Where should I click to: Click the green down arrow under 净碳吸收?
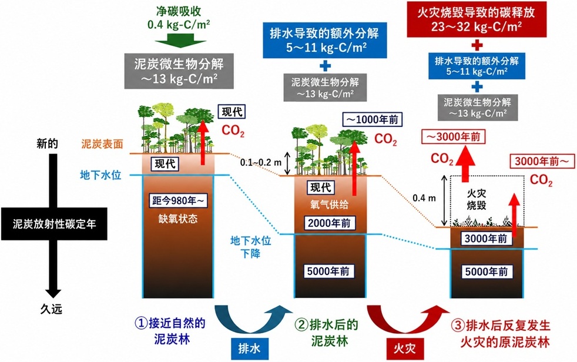[179, 41]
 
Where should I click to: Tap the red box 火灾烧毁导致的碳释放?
[477, 19]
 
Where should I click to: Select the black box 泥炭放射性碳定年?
[54, 224]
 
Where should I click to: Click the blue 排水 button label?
[250, 348]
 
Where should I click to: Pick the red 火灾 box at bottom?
[405, 348]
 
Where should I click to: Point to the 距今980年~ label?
[178, 201]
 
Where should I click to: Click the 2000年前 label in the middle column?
[330, 223]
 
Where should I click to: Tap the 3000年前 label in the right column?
[486, 239]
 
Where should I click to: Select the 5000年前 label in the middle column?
[328, 271]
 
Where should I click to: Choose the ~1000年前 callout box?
[373, 119]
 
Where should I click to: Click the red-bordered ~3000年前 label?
[454, 137]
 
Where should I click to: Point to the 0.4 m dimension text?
[424, 198]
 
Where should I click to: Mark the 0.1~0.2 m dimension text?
[261, 162]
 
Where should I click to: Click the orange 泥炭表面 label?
[102, 144]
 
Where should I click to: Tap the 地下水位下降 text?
[250, 247]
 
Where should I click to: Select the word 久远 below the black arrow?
[51, 309]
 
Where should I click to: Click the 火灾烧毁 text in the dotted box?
[477, 199]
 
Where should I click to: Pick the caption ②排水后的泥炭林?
[327, 332]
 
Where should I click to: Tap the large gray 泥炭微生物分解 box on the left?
[179, 71]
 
